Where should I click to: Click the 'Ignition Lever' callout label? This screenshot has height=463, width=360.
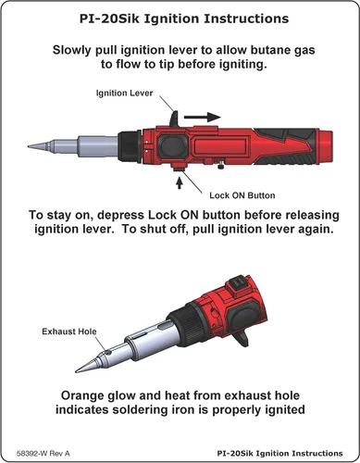[124, 94]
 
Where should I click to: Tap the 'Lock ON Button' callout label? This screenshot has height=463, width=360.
[242, 195]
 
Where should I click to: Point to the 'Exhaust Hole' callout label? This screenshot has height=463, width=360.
[69, 332]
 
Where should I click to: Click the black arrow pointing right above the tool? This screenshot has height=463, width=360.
[203, 117]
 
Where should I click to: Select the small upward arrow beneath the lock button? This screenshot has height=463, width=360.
[179, 183]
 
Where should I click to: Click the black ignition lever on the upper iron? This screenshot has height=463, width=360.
[174, 119]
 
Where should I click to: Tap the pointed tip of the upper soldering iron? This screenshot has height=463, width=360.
[29, 146]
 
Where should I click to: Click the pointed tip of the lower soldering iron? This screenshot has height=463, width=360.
[77, 370]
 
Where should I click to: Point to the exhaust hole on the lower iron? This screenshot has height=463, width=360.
[107, 352]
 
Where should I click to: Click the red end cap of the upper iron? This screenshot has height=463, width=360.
[325, 146]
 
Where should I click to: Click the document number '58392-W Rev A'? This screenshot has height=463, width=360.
[43, 454]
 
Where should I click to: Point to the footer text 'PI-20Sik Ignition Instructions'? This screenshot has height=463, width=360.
[279, 454]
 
